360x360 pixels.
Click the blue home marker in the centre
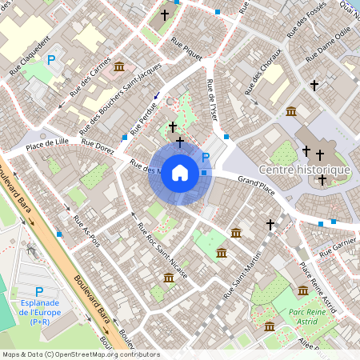coord(180,173)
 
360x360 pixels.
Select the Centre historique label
coord(305,170)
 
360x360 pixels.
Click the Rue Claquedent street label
coord(30,54)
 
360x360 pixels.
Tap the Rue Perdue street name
coord(144,116)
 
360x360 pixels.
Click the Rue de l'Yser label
coord(211,99)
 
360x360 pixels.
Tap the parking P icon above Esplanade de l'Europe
coord(39,293)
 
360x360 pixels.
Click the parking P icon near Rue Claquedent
coord(52,59)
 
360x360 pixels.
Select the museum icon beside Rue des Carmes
coord(119,66)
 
